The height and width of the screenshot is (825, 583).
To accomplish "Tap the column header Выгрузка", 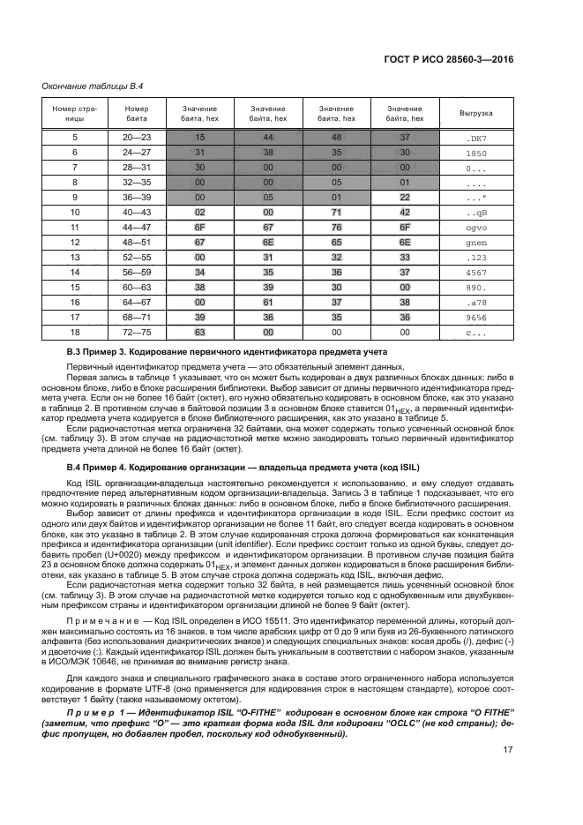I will click(x=476, y=113).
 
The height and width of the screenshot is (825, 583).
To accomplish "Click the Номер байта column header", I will click(x=137, y=113).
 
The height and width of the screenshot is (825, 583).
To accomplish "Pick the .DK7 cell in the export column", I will click(x=476, y=138).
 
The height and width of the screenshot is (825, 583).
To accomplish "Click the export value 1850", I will click(x=476, y=153).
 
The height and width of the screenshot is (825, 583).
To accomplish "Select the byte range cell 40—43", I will click(x=137, y=213).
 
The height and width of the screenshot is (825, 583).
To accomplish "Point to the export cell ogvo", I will click(x=476, y=228).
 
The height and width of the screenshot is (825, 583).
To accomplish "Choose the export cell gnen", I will click(x=476, y=243).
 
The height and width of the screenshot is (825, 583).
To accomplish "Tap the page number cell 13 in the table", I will click(x=75, y=258).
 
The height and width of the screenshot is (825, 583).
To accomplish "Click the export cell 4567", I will click(x=476, y=273).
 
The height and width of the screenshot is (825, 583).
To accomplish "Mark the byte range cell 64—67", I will click(x=137, y=303).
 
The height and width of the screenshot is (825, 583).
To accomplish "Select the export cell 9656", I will click(x=476, y=318).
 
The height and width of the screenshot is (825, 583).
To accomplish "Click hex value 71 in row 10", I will click(x=336, y=213).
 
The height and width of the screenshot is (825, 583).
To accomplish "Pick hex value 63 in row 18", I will click(x=200, y=333).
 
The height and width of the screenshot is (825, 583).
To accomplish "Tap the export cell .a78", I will click(x=476, y=303).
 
